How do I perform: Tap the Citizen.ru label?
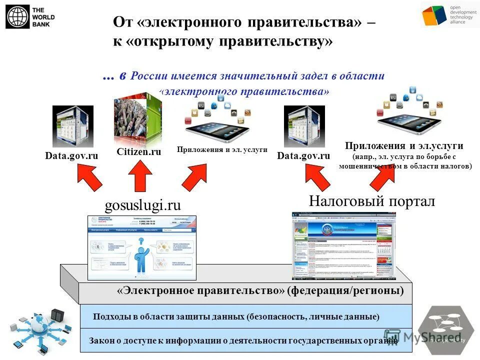point(138,151)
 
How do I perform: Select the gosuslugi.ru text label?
point(142,205)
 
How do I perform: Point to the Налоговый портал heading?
point(371,201)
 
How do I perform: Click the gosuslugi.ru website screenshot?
point(142,247)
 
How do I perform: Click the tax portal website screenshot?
point(343,245)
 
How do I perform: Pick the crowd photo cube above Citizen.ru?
point(137,117)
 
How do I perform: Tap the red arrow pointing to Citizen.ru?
point(140,175)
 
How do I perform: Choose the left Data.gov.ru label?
point(71,156)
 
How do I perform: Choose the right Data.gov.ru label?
point(303,156)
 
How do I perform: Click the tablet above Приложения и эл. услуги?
point(218,125)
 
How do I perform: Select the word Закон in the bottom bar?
point(101,340)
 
